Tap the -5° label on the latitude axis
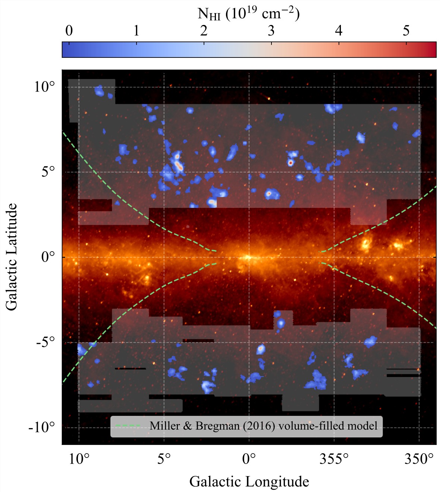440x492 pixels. [x=45, y=342]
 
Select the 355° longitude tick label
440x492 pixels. [x=334, y=459]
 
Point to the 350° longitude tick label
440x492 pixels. [x=419, y=459]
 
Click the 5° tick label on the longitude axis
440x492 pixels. [x=164, y=459]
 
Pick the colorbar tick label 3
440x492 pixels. [x=271, y=31]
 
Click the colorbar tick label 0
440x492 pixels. [x=69, y=31]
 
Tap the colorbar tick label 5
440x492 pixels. [x=406, y=31]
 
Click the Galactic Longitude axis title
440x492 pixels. [x=249, y=482]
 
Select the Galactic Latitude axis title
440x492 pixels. [x=12, y=257]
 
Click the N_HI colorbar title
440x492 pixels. [x=249, y=14]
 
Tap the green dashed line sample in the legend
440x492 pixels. [x=128, y=426]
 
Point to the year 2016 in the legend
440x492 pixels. [x=260, y=426]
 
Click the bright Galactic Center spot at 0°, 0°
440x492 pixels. [x=248, y=257]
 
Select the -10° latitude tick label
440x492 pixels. [x=42, y=427]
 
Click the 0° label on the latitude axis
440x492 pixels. [x=48, y=257]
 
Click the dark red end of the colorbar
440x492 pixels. [x=433, y=50]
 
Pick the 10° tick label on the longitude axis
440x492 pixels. [x=79, y=459]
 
